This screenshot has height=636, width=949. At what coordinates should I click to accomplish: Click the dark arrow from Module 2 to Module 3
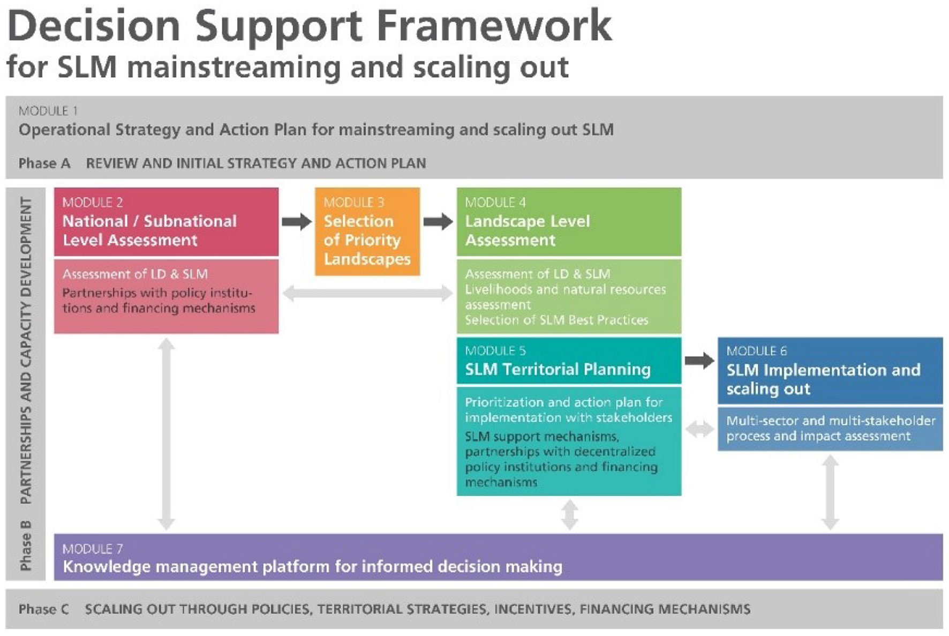tap(297, 221)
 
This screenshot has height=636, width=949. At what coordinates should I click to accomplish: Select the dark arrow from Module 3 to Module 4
tap(438, 221)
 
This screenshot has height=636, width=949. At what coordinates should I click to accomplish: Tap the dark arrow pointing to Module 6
tap(699, 361)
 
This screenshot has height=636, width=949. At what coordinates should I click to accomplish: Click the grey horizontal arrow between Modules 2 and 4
tap(367, 293)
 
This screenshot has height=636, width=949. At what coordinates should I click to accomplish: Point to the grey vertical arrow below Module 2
tap(166, 434)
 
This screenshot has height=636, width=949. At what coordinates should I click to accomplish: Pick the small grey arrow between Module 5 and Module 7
tap(569, 514)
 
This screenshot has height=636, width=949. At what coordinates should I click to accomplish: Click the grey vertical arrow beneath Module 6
tap(830, 492)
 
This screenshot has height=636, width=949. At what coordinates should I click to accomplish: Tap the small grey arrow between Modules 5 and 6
tap(699, 429)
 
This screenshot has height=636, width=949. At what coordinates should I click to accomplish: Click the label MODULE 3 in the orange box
tap(353, 203)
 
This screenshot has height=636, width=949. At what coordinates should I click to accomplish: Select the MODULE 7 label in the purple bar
tap(93, 549)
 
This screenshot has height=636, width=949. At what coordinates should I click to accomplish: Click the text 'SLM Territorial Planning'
tap(558, 369)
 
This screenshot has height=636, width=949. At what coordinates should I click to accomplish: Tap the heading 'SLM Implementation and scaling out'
tap(823, 379)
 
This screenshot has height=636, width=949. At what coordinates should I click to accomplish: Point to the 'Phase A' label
tap(44, 163)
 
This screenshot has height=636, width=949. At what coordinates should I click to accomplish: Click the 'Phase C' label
tap(44, 609)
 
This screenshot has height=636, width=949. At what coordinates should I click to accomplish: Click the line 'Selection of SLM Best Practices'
tap(556, 320)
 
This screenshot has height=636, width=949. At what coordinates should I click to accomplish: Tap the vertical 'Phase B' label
tap(25, 545)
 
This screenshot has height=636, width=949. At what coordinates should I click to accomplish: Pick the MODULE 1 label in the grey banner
tap(48, 111)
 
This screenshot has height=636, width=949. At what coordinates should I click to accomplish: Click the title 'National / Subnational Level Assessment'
tap(149, 230)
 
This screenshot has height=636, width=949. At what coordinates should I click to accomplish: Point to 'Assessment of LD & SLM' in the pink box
tap(135, 274)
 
